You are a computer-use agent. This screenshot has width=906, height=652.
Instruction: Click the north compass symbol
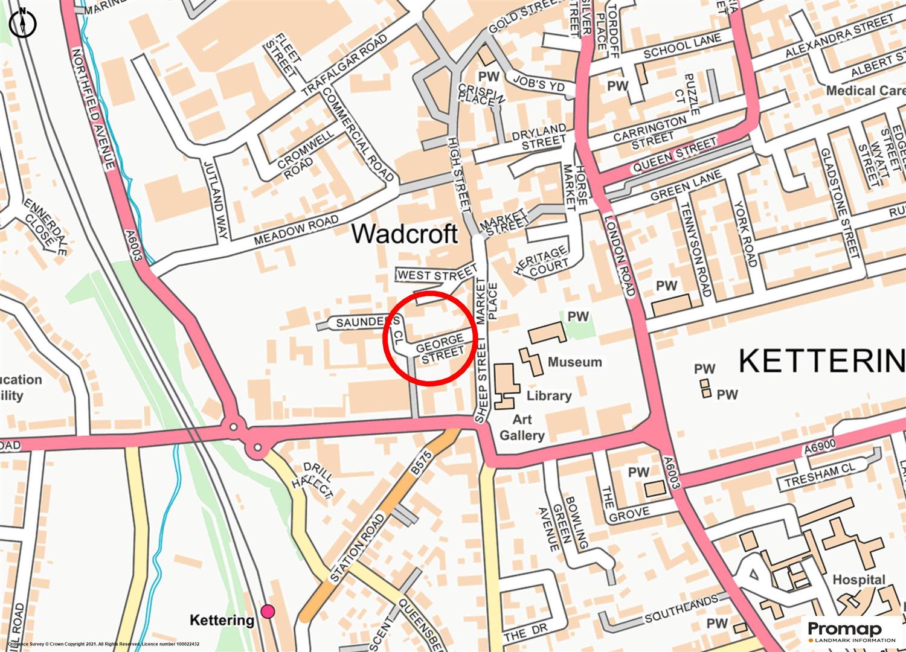point(23,23)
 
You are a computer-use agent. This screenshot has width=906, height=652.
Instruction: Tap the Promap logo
point(852,631)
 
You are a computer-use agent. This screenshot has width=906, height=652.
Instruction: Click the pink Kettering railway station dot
point(268,612)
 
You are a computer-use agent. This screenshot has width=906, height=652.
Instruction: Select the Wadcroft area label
point(404,234)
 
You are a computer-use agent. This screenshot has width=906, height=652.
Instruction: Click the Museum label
point(574,362)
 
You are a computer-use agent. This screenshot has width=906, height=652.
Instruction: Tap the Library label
point(548,396)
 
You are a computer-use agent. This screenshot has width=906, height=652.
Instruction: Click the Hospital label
point(858,580)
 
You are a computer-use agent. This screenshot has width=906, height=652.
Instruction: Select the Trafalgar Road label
point(344,65)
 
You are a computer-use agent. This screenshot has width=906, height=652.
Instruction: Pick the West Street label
point(437,275)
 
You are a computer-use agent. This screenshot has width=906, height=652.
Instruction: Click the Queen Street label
point(673,155)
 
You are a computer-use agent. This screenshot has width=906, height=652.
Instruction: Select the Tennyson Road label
point(695,248)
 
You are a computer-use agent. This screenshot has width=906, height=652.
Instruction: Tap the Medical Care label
point(865,91)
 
